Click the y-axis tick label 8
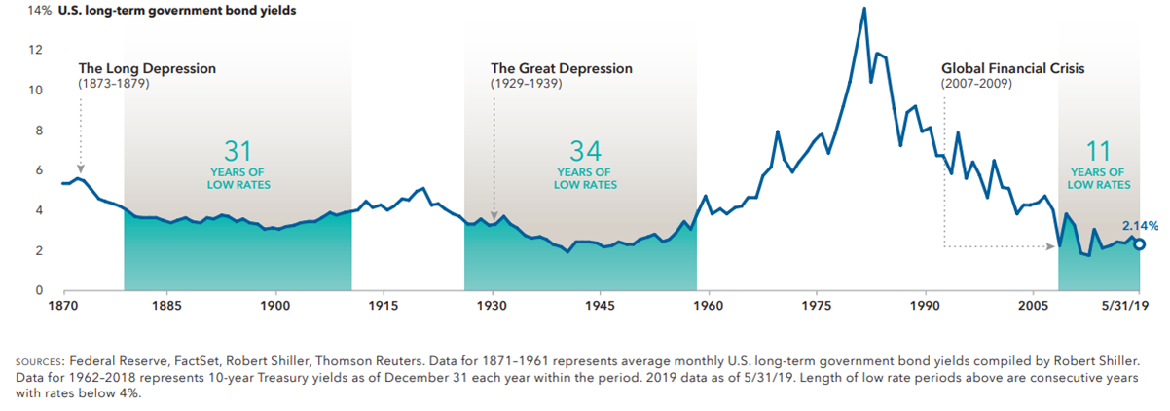tap(38, 131)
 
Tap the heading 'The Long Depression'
tap(147, 69)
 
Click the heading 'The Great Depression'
tap(561, 69)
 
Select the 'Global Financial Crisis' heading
tap(1012, 69)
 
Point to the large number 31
tap(238, 151)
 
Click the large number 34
tap(585, 151)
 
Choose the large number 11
tap(1099, 151)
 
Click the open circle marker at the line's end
tap(1141, 243)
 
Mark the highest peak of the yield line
tap(863, 9)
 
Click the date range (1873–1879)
tap(114, 85)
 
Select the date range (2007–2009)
tap(976, 85)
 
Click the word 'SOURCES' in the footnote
tap(44, 360)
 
